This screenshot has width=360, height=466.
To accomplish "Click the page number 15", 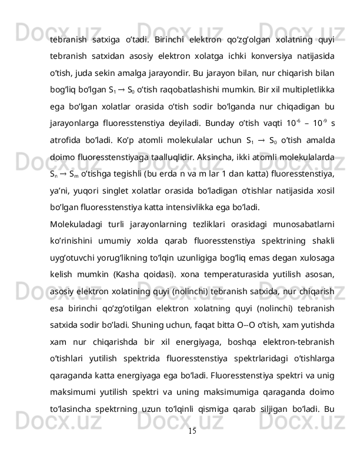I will click(180, 448).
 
